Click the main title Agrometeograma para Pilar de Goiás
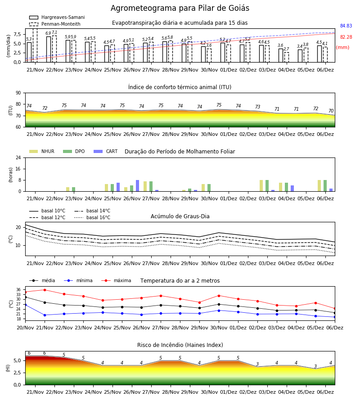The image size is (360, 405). click(x=180, y=8)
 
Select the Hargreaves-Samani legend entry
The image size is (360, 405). click(x=57, y=17)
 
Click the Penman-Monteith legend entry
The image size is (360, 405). click(x=55, y=24)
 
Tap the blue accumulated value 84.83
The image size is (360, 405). click(x=346, y=26)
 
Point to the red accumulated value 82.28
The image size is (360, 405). click(x=346, y=37)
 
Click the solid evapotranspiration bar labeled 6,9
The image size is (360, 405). click(x=49, y=49)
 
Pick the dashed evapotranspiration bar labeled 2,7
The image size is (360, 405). click(x=287, y=57)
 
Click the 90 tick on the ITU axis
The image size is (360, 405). click(x=18, y=93)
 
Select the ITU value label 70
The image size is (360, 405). click(x=331, y=111)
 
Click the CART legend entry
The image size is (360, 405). click(x=106, y=151)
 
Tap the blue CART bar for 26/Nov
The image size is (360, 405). click(x=137, y=186)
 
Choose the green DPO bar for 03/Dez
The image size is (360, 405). click(x=267, y=186)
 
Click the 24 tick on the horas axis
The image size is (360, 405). click(x=18, y=158)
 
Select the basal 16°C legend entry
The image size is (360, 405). click(x=92, y=217)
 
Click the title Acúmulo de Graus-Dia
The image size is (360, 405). click(x=180, y=216)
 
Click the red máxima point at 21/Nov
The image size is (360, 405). click(x=45, y=290)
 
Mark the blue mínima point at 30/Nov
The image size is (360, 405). click(x=219, y=310)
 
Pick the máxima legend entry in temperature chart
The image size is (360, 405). click(x=116, y=280)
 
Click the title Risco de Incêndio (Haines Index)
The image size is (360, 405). click(x=180, y=345)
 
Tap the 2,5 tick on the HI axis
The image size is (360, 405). click(x=17, y=373)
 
